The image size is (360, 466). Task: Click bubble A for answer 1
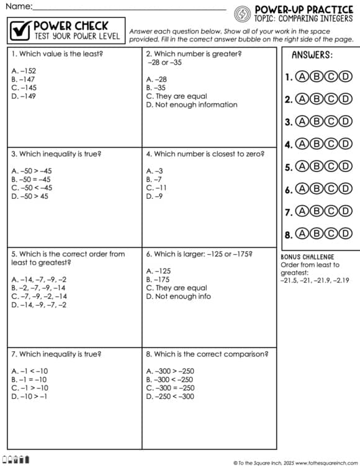tap(302, 77)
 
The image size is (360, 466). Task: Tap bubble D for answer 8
tap(346, 234)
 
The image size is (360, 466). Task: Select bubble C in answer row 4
tap(331, 144)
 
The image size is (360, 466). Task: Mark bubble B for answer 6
tap(317, 189)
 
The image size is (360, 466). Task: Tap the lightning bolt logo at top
tap(243, 12)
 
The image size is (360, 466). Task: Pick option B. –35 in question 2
tap(156, 88)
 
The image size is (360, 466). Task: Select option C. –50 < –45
tap(32, 188)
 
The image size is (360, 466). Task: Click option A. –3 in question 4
tap(155, 170)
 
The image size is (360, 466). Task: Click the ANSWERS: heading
tap(312, 55)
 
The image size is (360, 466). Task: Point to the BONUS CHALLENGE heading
tap(307, 257)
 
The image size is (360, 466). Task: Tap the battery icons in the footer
tap(16, 460)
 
